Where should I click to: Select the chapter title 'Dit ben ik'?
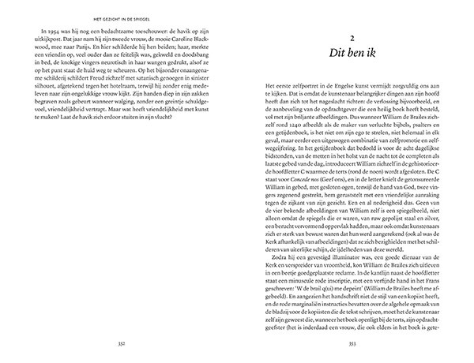tap(355, 55)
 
